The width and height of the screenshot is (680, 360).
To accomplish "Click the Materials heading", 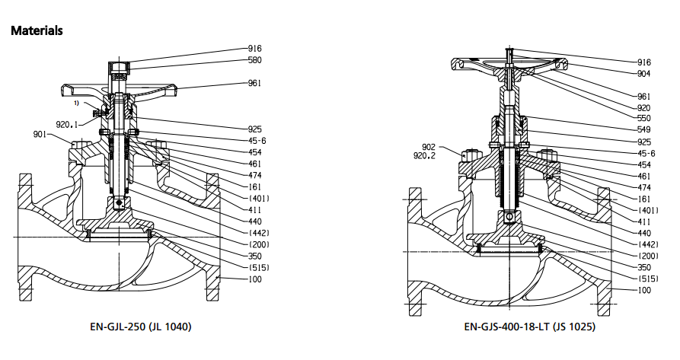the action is (x=37, y=30).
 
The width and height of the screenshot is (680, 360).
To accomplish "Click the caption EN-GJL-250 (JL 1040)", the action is (x=141, y=327).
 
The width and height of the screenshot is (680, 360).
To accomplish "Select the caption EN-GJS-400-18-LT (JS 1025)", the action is (x=529, y=327).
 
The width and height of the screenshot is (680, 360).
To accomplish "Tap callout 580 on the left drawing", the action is (x=254, y=60).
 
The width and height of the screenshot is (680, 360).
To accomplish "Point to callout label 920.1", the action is (x=67, y=125).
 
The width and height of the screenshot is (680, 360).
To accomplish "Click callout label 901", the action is (x=40, y=134).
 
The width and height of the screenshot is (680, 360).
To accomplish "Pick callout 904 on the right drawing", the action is (x=644, y=74).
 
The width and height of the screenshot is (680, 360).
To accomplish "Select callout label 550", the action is (x=644, y=118).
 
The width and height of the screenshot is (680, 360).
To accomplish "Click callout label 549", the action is (x=644, y=129).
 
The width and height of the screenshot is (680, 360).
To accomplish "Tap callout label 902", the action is (x=429, y=148).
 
